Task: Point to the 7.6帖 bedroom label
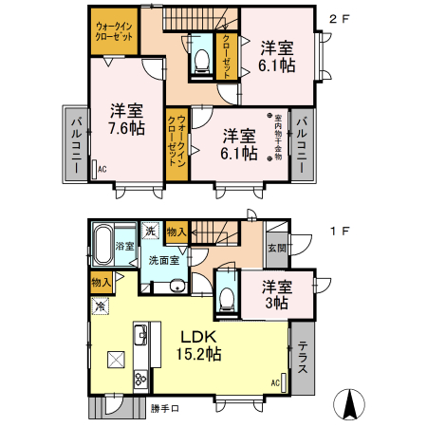pyautogui.click(x=125, y=119)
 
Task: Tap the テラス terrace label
pyautogui.click(x=303, y=360)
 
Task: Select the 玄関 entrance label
pyautogui.click(x=277, y=249)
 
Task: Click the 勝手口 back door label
pyautogui.click(x=163, y=408)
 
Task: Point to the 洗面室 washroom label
pyautogui.click(x=164, y=261)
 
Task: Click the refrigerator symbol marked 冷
pyautogui.click(x=101, y=305)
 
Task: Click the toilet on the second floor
pyautogui.click(x=200, y=59)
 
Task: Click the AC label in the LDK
pyautogui.click(x=275, y=382)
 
